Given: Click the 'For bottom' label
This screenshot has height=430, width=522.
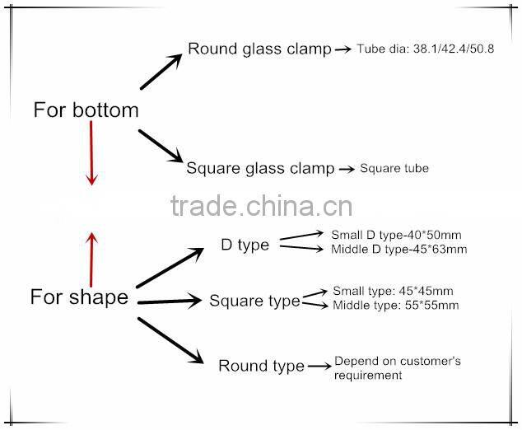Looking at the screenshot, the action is [86, 110].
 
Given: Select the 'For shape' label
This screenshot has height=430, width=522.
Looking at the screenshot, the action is [79, 297].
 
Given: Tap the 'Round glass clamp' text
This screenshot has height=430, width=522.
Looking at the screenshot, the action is [259, 49].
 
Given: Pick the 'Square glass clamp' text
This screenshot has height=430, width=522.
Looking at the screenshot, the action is [260, 169].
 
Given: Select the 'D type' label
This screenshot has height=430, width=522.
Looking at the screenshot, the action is [245, 245].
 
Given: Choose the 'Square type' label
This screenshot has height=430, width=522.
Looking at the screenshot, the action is [254, 301].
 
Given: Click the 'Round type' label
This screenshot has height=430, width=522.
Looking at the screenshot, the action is [261, 365].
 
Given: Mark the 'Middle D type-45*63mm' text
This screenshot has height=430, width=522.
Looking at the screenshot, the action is [398, 249].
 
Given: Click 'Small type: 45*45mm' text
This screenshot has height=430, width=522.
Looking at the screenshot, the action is [392, 291].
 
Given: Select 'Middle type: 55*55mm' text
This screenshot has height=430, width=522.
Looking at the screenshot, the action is [395, 306].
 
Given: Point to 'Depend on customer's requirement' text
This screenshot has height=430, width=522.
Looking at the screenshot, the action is [397, 367].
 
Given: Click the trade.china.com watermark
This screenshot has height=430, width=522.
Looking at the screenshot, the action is [261, 206].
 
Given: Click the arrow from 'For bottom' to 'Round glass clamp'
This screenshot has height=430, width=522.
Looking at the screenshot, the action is [161, 72].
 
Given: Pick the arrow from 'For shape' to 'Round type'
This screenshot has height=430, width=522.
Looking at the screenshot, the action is [170, 340].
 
